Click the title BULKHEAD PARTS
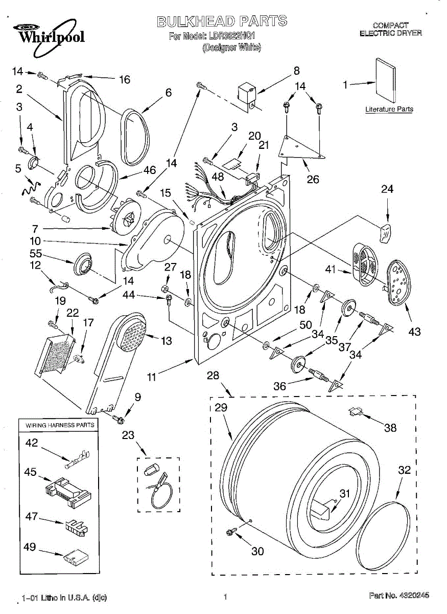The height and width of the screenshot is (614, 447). [221, 21]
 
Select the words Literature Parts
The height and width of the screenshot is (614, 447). [389, 109]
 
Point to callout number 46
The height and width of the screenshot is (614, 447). [149, 170]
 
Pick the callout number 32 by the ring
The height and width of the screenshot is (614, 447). [404, 470]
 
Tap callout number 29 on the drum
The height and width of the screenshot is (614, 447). [221, 408]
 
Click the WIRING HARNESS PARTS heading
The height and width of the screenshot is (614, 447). [57, 425]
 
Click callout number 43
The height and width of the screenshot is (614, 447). [414, 332]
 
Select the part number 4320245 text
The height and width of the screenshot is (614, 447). [398, 595]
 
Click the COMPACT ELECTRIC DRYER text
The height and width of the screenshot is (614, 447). [390, 29]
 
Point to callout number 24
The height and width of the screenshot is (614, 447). [387, 189]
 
